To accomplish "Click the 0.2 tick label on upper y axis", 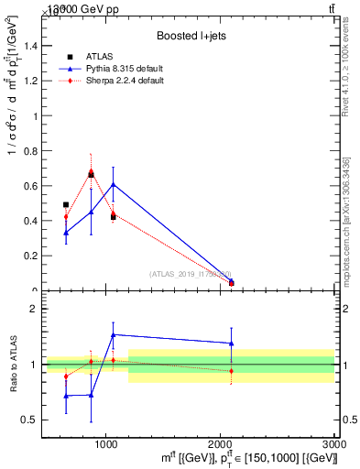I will [29, 256].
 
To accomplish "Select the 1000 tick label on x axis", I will [106, 443].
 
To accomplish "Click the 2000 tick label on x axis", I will [221, 443].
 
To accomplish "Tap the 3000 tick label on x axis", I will [333, 443].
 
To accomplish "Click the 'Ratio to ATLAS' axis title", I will [14, 365].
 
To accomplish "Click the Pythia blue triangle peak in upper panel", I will [113, 184].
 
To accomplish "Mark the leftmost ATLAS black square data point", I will [66, 205].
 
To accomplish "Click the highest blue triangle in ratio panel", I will [113, 335].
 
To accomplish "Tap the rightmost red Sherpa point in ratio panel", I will [231, 371].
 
